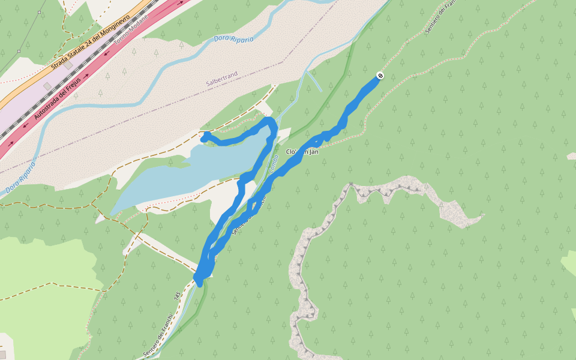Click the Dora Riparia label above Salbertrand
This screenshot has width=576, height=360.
click(x=233, y=39)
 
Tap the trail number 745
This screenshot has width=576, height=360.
click(x=177, y=296)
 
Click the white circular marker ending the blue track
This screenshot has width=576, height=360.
click(x=380, y=75)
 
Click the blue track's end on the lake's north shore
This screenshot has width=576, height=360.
click(x=205, y=137)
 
